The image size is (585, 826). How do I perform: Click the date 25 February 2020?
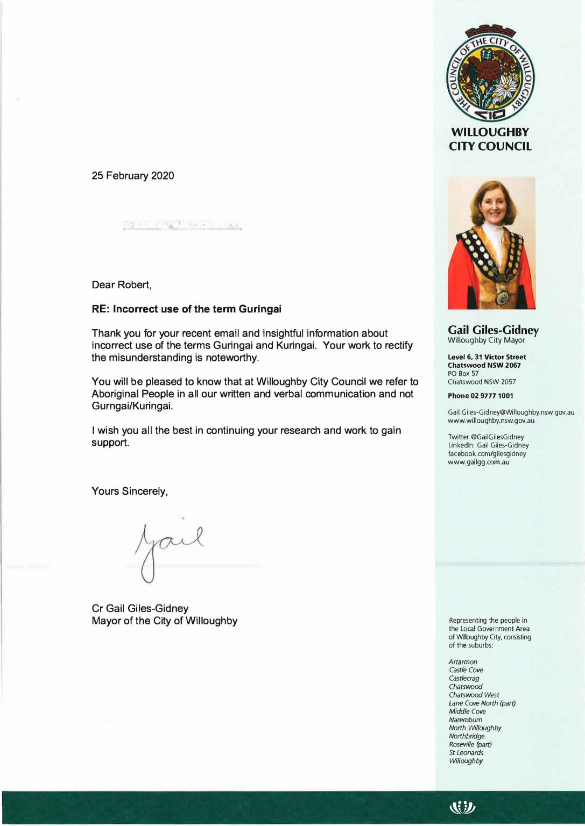coord(132,176)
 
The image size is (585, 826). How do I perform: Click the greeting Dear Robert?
coord(122,285)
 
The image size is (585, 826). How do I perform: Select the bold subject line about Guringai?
coord(186,309)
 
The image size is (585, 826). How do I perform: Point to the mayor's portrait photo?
coord(491,243)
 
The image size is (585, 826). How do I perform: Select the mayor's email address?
coord(511,412)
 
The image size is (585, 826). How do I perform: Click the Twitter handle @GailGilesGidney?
coord(485,437)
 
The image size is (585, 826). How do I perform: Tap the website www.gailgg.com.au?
coord(478,462)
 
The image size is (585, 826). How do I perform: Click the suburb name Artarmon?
coord(463,662)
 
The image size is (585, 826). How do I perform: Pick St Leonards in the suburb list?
coord(466,753)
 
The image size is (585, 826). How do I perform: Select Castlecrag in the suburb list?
coord(464,679)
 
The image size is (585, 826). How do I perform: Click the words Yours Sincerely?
coord(130,492)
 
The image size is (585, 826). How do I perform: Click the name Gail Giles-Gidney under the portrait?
coord(493,330)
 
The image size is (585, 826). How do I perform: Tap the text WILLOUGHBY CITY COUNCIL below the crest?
coord(490,139)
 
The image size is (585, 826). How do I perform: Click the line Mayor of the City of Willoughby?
coord(164,621)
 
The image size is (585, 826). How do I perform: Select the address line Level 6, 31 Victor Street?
coord(487,357)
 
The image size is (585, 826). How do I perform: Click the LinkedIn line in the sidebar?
coord(488,445)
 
